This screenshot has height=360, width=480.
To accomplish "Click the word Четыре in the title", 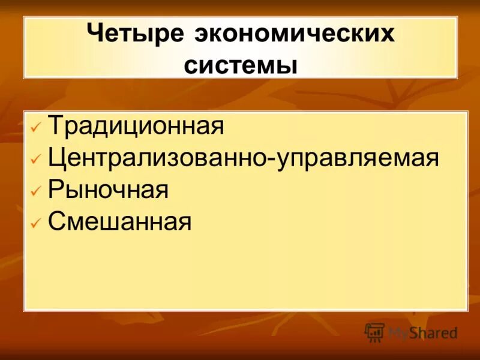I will [x=135, y=34].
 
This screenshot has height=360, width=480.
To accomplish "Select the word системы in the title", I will [x=241, y=64].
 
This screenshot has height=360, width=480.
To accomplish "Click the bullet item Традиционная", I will [x=136, y=127].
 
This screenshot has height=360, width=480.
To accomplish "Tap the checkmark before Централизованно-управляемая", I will [x=35, y=161].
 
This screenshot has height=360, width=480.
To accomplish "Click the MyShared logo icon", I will [x=374, y=332].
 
